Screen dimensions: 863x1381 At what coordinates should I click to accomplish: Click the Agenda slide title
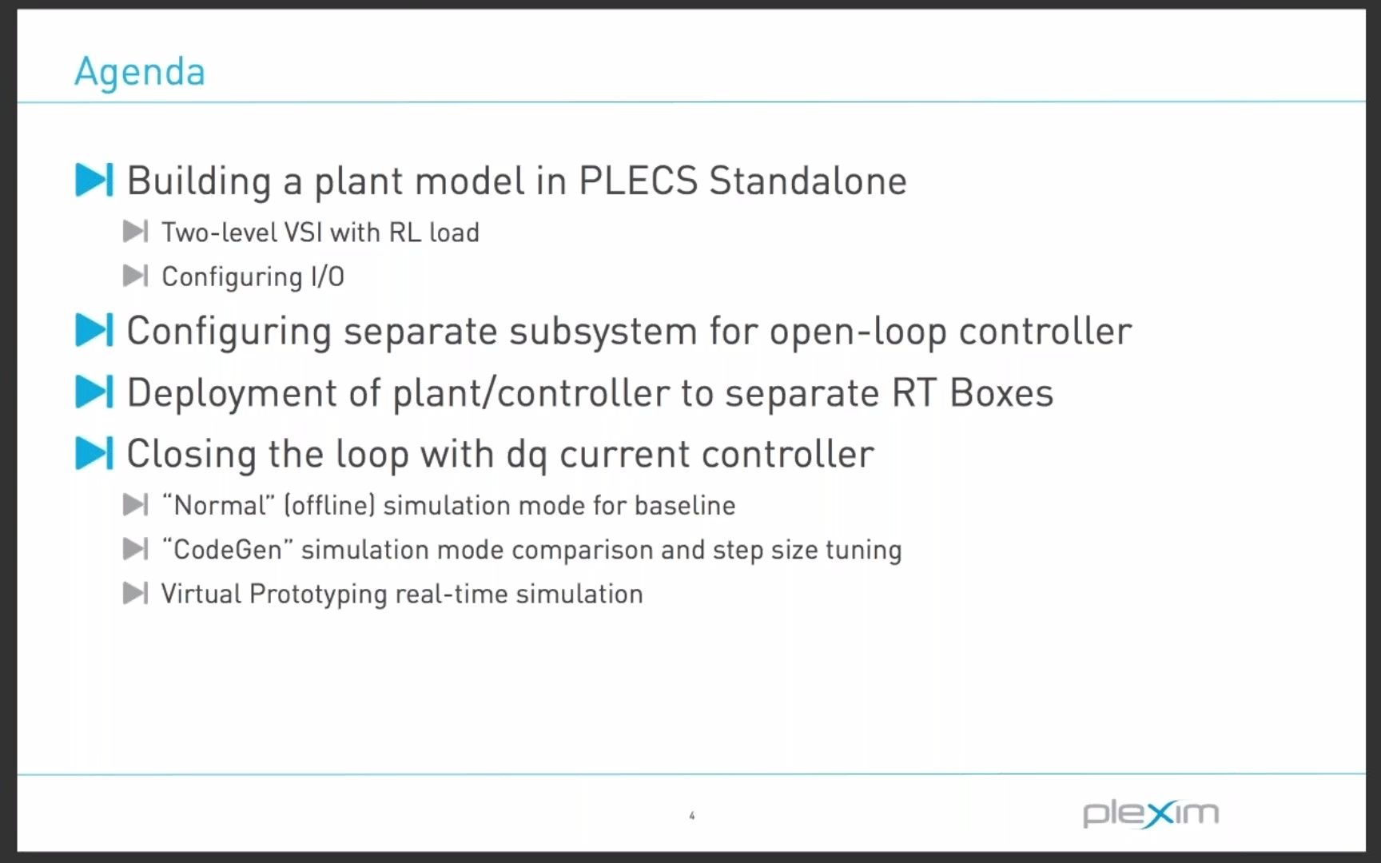click(140, 72)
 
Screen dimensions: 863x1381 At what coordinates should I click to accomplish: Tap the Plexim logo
click(1151, 813)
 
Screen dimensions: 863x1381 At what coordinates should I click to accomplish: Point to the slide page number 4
click(692, 816)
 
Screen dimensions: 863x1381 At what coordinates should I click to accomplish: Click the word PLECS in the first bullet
click(638, 181)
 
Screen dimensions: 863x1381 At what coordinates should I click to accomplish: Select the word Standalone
click(808, 181)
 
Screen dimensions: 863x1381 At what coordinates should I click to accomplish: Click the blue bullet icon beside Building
click(94, 180)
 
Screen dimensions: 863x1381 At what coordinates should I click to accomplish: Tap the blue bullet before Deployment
click(94, 392)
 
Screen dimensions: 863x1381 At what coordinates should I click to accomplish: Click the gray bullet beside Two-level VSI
click(135, 232)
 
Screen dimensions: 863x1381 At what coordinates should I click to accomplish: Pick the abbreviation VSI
click(303, 233)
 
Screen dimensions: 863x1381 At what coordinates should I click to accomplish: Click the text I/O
click(327, 276)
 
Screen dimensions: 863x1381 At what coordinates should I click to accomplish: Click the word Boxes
click(1001, 393)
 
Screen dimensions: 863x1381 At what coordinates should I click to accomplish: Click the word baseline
click(685, 505)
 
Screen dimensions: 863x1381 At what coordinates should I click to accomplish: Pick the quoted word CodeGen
click(228, 550)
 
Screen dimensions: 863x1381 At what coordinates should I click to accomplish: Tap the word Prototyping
click(318, 595)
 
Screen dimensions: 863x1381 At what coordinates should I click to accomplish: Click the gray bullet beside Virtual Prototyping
click(135, 593)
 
